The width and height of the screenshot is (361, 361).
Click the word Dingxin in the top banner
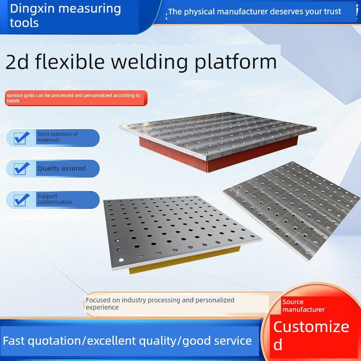[x=32, y=9]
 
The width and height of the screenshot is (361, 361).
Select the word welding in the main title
[x=150, y=62]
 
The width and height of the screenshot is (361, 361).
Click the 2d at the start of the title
[x=17, y=62]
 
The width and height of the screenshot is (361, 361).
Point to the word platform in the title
[x=236, y=62]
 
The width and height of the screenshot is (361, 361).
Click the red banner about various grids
[x=76, y=98]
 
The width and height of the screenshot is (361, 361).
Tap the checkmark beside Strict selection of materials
[x=21, y=138]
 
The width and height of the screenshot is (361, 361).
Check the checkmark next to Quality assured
[x=21, y=168]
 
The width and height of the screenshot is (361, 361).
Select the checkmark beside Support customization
[x=21, y=199]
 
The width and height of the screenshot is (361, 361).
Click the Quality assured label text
[x=61, y=168]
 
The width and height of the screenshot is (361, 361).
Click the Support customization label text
[x=55, y=199]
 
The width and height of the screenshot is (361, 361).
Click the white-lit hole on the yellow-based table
[x=121, y=260]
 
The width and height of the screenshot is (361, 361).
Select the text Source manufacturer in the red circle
[x=303, y=305]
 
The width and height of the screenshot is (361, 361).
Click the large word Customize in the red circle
[x=311, y=327]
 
